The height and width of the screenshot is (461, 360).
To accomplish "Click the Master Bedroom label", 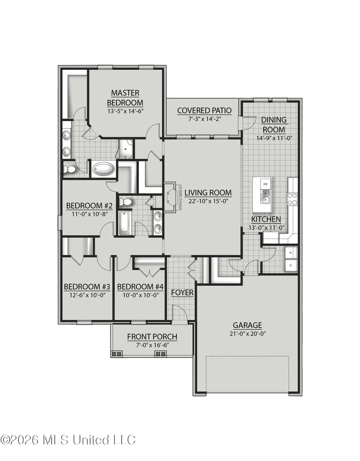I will (125, 98).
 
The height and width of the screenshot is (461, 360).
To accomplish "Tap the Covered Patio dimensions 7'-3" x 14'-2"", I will (199, 119).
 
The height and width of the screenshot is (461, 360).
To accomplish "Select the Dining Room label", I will (274, 124).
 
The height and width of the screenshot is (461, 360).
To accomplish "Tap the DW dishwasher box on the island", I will (265, 184).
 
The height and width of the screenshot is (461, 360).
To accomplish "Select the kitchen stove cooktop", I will (292, 198).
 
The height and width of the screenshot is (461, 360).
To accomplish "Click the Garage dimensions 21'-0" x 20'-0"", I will (248, 333).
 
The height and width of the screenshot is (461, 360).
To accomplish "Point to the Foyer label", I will (182, 293).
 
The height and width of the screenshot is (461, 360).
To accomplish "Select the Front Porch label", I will (152, 337).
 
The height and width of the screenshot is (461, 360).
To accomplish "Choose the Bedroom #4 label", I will (136, 287).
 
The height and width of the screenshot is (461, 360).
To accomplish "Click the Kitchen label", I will (266, 219).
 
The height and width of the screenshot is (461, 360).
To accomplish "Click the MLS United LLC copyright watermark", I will (68, 440).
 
